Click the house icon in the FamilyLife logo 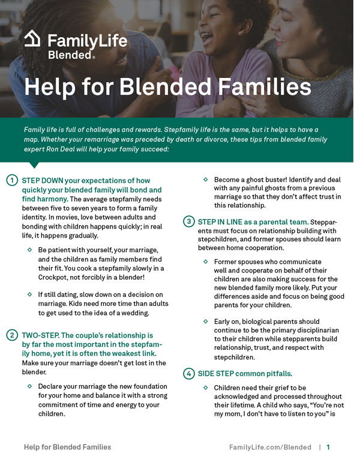coord(32,40)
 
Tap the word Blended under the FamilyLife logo coord(69,55)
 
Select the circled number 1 coord(11,181)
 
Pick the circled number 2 coord(11,335)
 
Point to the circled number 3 coord(188,222)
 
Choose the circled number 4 coord(188,373)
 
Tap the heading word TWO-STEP coord(41,335)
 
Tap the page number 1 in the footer coord(329,447)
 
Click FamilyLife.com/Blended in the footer coord(270,447)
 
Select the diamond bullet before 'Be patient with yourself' coord(29,249)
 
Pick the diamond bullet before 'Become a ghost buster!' coord(206,179)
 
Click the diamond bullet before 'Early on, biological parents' coord(206,321)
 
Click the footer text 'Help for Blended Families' coord(67,447)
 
